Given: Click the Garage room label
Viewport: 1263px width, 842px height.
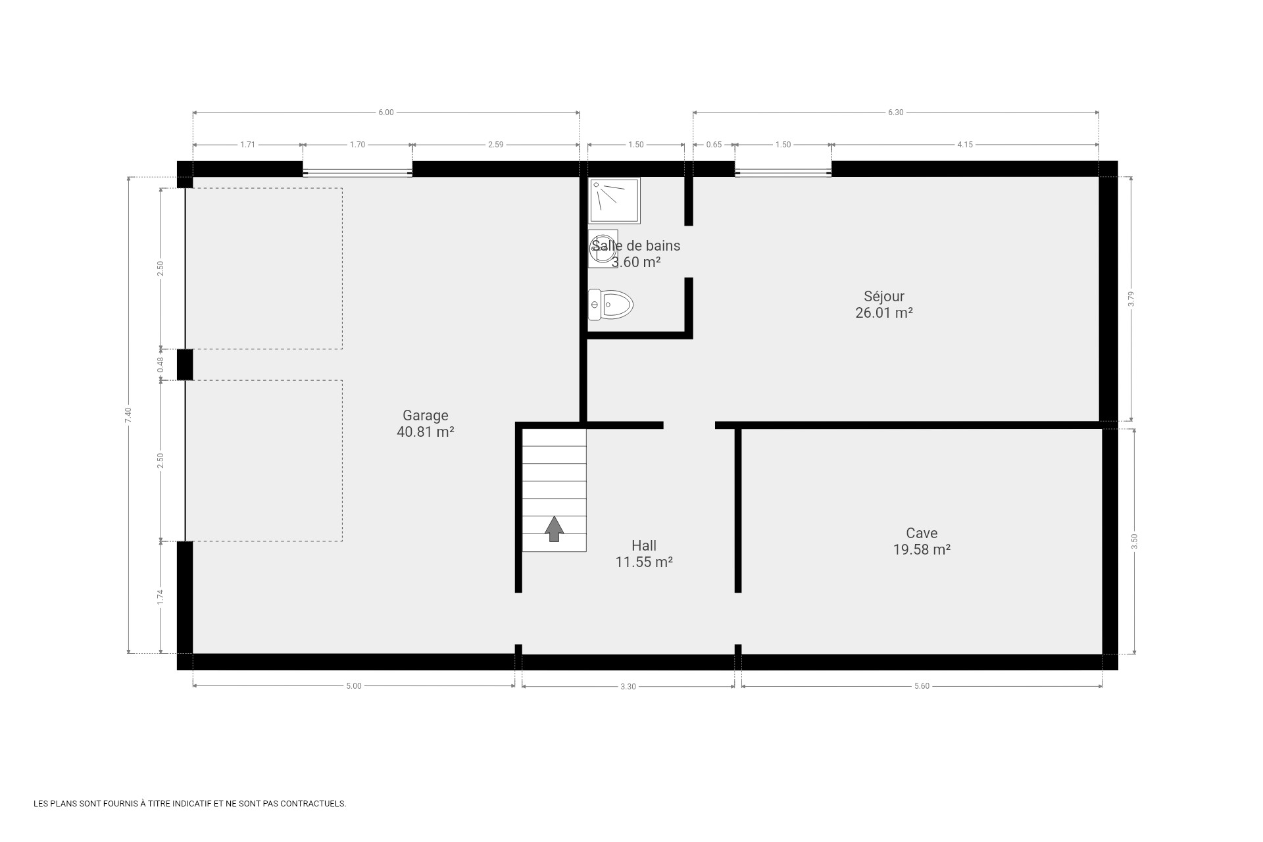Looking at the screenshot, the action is pyautogui.click(x=426, y=424).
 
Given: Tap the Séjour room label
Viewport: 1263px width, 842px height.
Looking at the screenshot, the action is pyautogui.click(x=884, y=305).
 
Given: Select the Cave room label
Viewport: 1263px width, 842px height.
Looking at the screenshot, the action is pyautogui.click(x=922, y=541).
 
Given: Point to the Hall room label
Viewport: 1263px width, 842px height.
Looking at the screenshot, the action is pyautogui.click(x=644, y=554).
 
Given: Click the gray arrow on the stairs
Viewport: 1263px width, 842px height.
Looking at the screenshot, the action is pyautogui.click(x=555, y=529).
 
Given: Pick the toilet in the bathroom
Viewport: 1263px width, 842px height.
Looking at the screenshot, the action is pyautogui.click(x=610, y=305).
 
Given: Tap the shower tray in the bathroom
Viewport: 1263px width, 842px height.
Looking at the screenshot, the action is pyautogui.click(x=615, y=201).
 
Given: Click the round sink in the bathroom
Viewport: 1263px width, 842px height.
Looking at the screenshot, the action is pyautogui.click(x=603, y=249).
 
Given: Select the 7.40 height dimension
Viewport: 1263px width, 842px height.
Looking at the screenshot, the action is pyautogui.click(x=128, y=415).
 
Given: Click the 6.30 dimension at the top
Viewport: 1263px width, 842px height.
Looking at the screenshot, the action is pyautogui.click(x=896, y=112).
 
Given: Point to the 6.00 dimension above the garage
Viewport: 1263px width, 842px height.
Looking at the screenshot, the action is pyautogui.click(x=386, y=112).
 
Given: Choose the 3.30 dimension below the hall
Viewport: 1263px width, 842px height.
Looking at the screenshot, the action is pyautogui.click(x=628, y=687).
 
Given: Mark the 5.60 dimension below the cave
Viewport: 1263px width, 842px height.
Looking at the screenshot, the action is pyautogui.click(x=922, y=686).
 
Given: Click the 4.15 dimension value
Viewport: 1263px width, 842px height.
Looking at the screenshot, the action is pyautogui.click(x=965, y=145).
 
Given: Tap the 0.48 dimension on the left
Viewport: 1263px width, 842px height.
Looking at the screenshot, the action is pyautogui.click(x=161, y=365).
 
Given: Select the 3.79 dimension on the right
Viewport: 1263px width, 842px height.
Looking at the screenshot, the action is pyautogui.click(x=1131, y=299).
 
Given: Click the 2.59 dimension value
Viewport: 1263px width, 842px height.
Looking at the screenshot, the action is pyautogui.click(x=496, y=145).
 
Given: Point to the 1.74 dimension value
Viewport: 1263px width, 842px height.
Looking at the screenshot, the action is pyautogui.click(x=161, y=597).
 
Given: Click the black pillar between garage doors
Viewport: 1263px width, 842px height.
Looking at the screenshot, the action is pyautogui.click(x=185, y=364).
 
